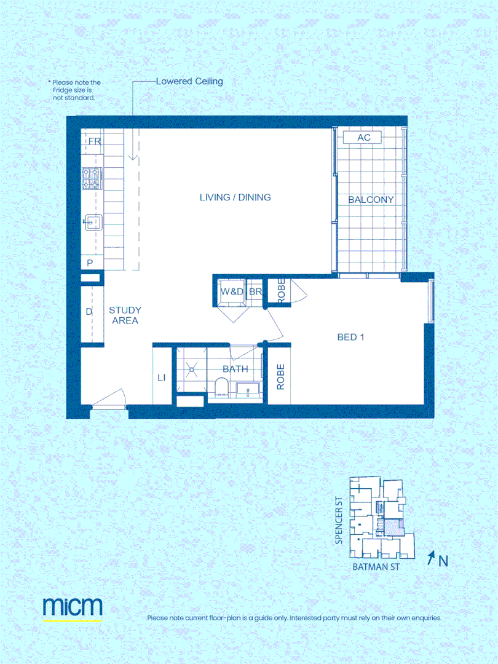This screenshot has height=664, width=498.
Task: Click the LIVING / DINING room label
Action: pos(235,197)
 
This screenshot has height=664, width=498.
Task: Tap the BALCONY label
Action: pos(371,200)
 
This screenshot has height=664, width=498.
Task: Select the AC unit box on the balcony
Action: pos(364,138)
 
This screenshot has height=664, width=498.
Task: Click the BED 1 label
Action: pos(351,337)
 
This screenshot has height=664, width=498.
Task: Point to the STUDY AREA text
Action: pos(125,315)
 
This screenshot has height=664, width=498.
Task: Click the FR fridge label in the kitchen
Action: pos(94,141)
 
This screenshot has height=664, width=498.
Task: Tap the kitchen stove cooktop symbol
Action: pos(92,179)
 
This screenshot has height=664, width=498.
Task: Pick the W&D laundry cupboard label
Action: pos(232,292)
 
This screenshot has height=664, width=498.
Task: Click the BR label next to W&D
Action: pos(256,292)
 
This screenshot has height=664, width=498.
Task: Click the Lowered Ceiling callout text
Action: pos(189,81)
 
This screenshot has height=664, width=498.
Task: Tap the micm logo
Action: pos(73,607)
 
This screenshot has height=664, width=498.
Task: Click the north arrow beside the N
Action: pos(431,558)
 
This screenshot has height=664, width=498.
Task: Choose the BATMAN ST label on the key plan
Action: pos(376,567)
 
